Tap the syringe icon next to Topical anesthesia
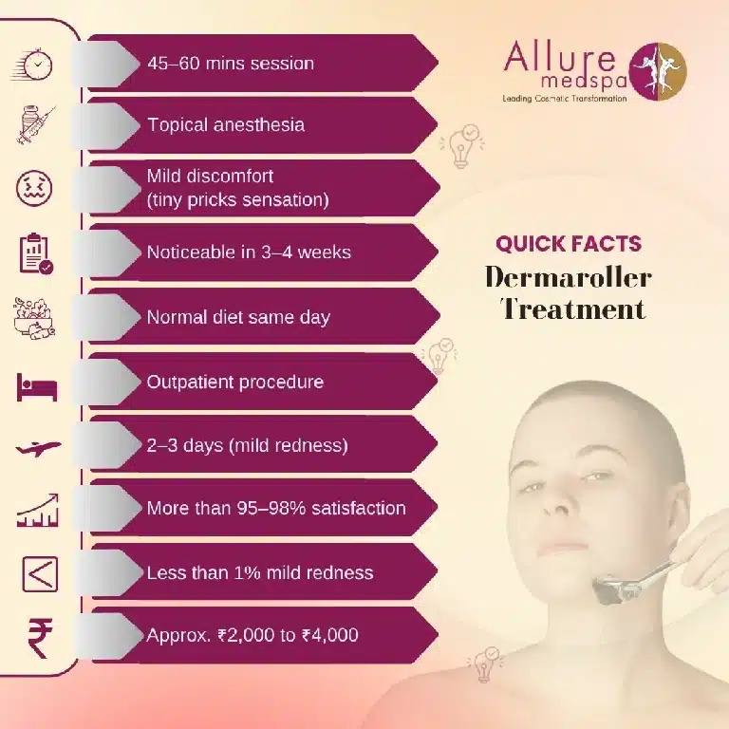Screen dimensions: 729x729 [x=37, y=124]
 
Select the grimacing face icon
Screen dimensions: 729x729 [x=37, y=188]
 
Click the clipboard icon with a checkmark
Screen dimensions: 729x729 [x=37, y=252]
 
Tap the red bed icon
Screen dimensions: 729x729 [x=37, y=385]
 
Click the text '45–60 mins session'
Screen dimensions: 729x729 [x=231, y=64]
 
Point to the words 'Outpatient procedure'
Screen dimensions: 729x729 [x=234, y=382]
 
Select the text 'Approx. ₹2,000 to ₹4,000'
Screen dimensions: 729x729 [x=252, y=635]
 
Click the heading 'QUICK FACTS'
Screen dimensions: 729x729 [x=568, y=244]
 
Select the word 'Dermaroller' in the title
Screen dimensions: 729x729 [x=568, y=277]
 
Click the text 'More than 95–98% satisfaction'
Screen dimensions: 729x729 [x=275, y=508]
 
